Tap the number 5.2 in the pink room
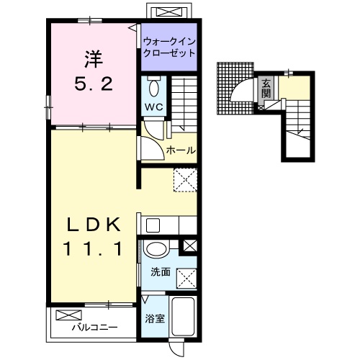point(94,84)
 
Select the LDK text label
point(94,225)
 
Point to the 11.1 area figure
point(93,248)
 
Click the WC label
point(154,107)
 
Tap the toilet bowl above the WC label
point(154,86)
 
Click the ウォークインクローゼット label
point(169,47)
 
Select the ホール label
point(181,150)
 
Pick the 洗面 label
point(161,272)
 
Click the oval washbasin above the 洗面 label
point(156,250)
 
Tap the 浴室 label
point(155,318)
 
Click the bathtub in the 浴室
point(183,317)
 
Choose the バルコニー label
point(95,327)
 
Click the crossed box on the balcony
point(68,315)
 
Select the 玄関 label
point(266,89)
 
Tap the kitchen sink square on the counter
point(153,225)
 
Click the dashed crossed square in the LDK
point(185,180)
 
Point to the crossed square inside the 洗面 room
point(186,278)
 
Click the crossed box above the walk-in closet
point(169,12)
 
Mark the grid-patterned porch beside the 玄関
point(235,89)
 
